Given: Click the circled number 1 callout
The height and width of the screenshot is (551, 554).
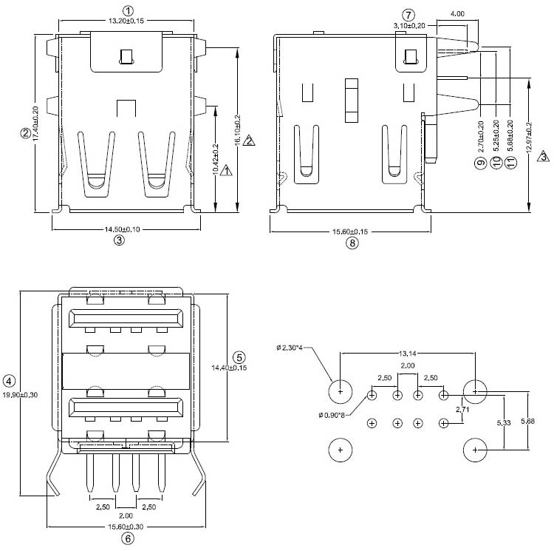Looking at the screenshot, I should (x=128, y=10).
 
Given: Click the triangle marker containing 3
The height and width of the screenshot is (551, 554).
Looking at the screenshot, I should (x=543, y=157).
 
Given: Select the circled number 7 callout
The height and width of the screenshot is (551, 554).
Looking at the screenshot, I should (x=409, y=14).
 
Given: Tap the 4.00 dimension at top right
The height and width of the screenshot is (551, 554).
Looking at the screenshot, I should (x=457, y=14).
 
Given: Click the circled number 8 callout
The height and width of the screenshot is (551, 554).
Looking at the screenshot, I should (x=352, y=243).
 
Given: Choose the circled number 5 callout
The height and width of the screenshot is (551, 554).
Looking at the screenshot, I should (x=239, y=356).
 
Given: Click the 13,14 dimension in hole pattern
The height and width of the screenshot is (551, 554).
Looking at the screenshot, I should (x=407, y=354).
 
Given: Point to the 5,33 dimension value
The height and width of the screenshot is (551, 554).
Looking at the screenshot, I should (x=501, y=422).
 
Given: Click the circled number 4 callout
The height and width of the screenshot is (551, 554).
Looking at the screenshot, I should (x=9, y=382).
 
